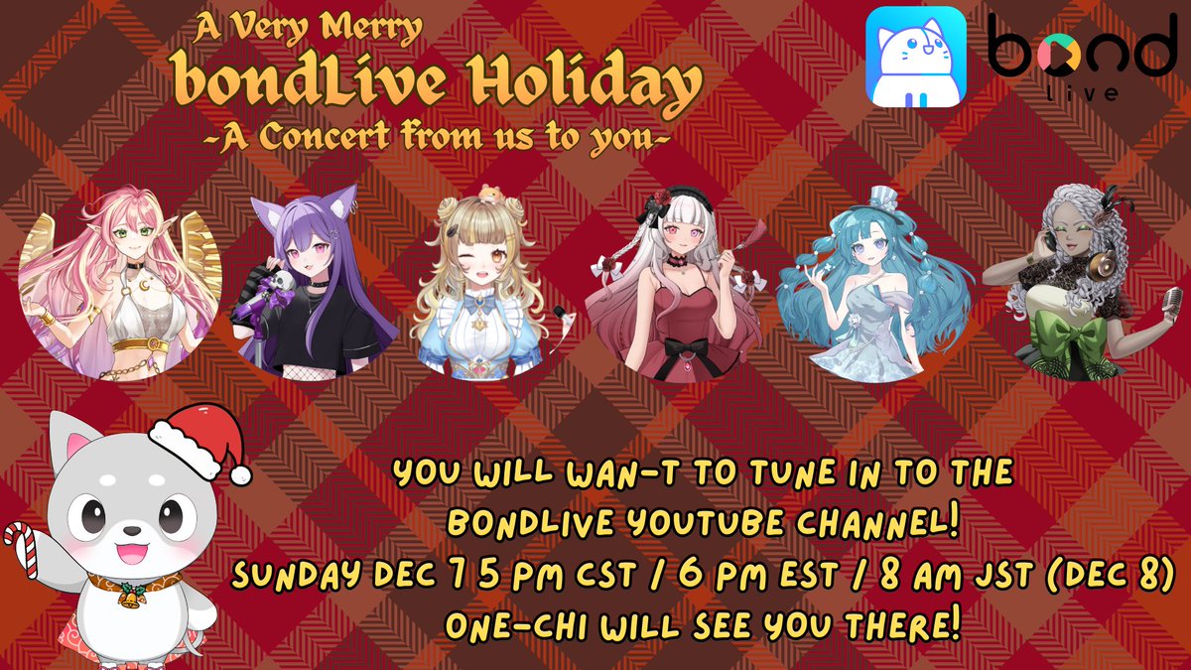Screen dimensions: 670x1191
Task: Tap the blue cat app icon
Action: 915,56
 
